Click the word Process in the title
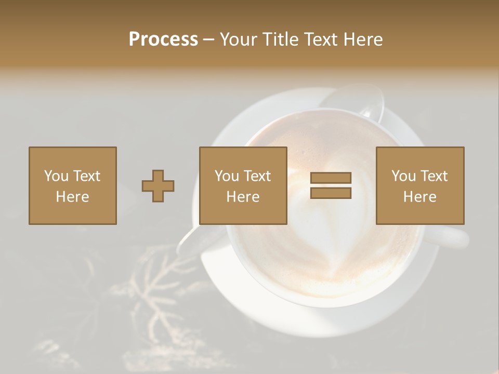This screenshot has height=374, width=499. point(163,39)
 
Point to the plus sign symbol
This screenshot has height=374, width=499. point(158,186)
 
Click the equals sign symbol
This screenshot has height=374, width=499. point(331,185)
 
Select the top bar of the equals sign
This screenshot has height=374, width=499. point(331,178)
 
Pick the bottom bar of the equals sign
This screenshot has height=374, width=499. point(331,193)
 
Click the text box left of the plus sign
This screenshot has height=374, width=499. point(72,185)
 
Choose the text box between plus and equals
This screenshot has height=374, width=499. point(243,185)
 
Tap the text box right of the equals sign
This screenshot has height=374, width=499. point(419,185)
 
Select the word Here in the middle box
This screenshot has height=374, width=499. point(243,196)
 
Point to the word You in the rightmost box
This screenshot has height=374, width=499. point(404,176)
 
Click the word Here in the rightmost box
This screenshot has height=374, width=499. point(419,196)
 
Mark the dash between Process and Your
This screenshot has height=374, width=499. point(209,39)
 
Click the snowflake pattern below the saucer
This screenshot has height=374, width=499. point(151,291)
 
